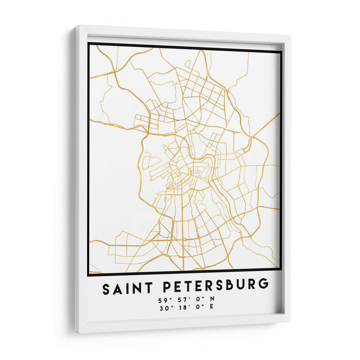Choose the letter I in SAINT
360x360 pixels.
125,288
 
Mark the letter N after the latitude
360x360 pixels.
212,299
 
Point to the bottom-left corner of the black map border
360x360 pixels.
89,274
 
